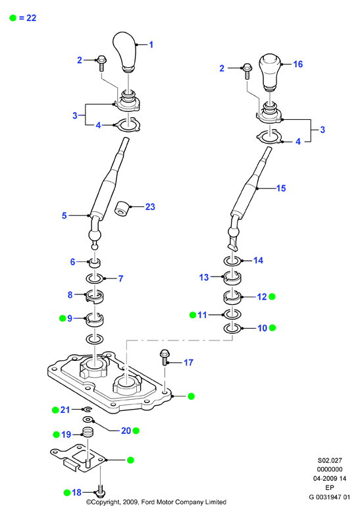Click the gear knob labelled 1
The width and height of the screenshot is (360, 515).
coord(124,51)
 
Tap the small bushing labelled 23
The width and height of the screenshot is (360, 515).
coord(122,208)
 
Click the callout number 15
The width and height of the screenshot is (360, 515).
coord(281,188)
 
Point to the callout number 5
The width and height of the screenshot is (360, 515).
coord(64,216)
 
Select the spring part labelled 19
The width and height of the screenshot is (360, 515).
coord(87,432)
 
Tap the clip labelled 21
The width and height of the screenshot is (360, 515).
coord(88,409)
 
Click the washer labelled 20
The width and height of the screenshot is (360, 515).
coord(88,420)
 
